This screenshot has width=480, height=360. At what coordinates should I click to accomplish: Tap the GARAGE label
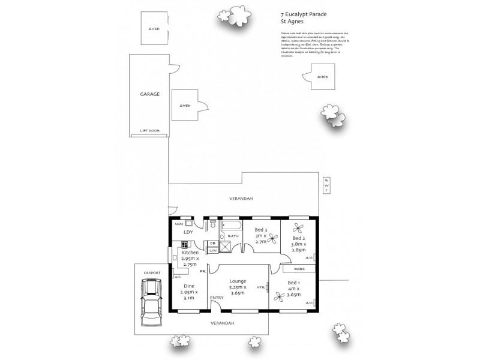[x=150, y=94]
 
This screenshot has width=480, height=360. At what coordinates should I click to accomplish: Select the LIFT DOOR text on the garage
[x=149, y=130]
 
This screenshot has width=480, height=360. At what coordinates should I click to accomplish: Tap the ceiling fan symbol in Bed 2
[x=298, y=228]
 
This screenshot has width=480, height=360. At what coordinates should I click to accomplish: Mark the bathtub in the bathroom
[x=230, y=227]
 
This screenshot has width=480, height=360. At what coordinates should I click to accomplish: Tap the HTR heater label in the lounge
[x=261, y=287]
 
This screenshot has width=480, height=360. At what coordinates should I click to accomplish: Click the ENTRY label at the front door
[x=217, y=298]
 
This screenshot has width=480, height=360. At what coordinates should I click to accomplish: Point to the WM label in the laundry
[x=178, y=223]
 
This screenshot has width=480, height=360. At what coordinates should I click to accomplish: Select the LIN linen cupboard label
[x=213, y=250]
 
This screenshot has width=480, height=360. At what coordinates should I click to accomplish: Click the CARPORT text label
[x=152, y=272]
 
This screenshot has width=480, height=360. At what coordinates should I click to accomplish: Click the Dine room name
[x=189, y=286]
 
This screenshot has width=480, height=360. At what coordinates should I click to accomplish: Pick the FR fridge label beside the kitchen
[x=203, y=271]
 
